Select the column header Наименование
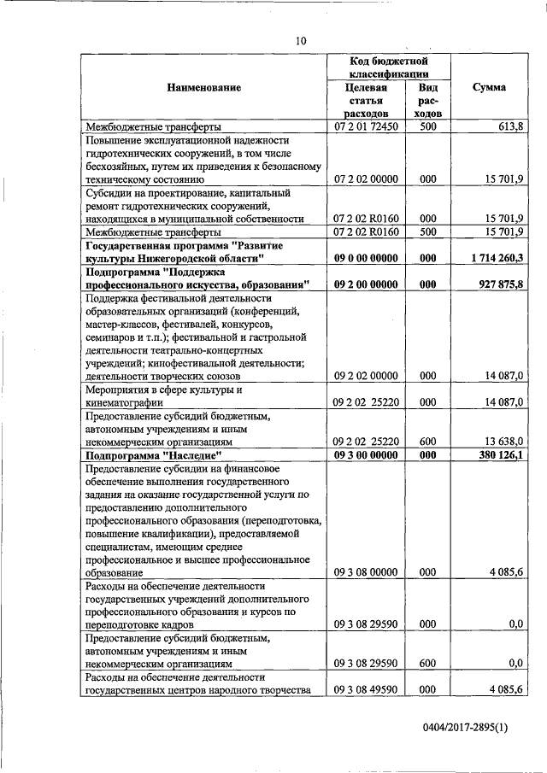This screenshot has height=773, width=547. [x=204, y=87]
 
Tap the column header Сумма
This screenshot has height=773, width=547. [x=489, y=87]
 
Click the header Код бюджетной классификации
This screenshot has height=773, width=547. [x=389, y=67]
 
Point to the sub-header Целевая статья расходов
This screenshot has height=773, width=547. [x=366, y=100]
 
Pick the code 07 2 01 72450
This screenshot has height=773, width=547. [x=366, y=126]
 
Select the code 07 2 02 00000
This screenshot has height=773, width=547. [x=366, y=179]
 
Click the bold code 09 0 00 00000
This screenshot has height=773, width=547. [x=366, y=257]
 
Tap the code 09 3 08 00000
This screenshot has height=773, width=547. [x=366, y=572]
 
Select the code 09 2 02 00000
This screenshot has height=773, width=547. [x=366, y=375]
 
